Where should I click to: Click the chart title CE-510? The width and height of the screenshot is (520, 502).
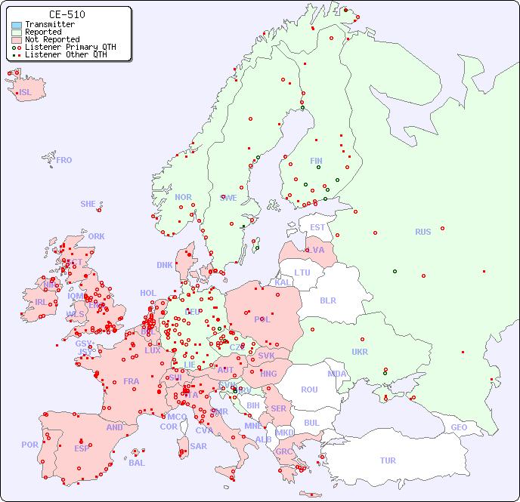pyautogui.click(x=67, y=14)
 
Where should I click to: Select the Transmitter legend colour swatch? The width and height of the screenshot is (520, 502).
pyautogui.click(x=17, y=25)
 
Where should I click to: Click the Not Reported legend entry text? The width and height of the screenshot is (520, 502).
pyautogui.click(x=51, y=39)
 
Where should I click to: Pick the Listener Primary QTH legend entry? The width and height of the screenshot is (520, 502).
pyautogui.click(x=70, y=47)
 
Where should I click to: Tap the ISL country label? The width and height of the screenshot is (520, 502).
pyautogui.click(x=26, y=93)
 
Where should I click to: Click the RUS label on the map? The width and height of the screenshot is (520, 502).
pyautogui.click(x=422, y=232)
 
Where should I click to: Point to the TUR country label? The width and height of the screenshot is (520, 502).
pyautogui.click(x=388, y=460)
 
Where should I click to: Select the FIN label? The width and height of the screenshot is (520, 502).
pyautogui.click(x=316, y=161)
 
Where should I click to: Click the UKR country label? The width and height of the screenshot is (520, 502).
pyautogui.click(x=360, y=352)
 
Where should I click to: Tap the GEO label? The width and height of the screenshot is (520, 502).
pyautogui.click(x=459, y=427)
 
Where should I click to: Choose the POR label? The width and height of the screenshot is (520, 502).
pyautogui.click(x=29, y=445)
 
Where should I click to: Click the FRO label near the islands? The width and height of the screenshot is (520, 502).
pyautogui.click(x=64, y=160)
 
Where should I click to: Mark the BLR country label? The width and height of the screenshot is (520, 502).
pyautogui.click(x=327, y=300)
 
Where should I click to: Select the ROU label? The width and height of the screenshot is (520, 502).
pyautogui.click(x=309, y=390)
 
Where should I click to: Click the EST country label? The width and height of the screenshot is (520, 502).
pyautogui.click(x=317, y=227)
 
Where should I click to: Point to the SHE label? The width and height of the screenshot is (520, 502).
pyautogui.click(x=88, y=204)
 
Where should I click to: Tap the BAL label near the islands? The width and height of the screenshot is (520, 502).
pyautogui.click(x=137, y=463)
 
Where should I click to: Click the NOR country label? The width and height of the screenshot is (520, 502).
pyautogui.click(x=184, y=197)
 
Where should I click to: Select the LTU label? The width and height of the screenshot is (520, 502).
pyautogui.click(x=302, y=273)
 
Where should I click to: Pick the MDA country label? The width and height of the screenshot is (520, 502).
pyautogui.click(x=337, y=374)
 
